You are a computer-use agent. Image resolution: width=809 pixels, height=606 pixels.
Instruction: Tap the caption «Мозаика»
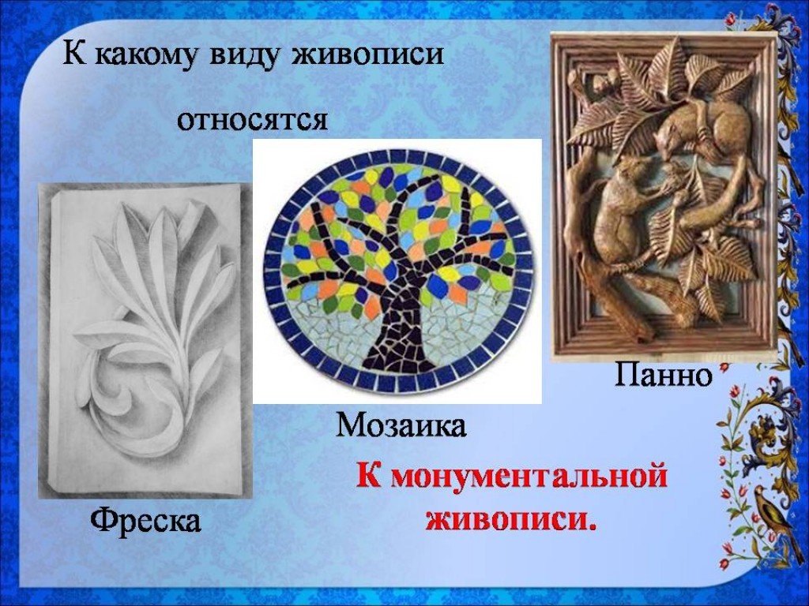(x=401, y=425)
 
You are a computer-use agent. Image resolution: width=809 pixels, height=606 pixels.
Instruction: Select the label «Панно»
(x=663, y=375)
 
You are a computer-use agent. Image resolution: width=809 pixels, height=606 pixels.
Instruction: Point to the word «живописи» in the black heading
(x=368, y=53)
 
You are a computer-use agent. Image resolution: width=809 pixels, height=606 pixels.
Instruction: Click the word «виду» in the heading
(x=246, y=53)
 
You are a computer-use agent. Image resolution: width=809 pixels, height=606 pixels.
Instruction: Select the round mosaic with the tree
(x=397, y=271)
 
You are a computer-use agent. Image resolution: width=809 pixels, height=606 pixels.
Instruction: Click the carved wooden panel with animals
(x=664, y=196)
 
